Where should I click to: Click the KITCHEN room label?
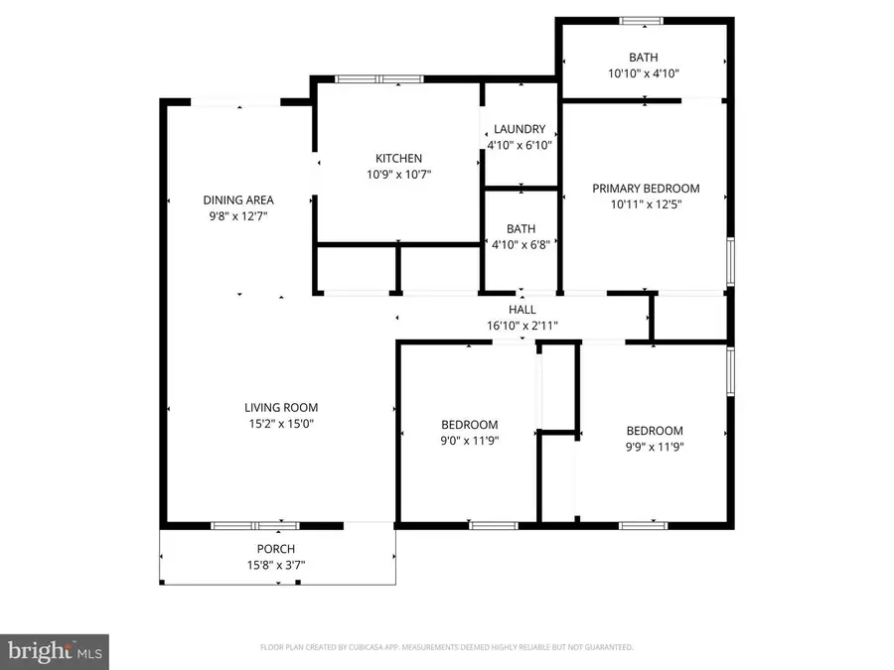pos(398,158)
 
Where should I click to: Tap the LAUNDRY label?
pos(519,129)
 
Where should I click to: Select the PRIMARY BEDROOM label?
pos(646,188)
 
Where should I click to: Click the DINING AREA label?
pos(238,200)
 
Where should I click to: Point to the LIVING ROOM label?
pos(281,407)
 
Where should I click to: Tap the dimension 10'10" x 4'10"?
pos(643,73)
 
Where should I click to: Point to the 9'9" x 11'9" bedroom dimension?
pos(655,446)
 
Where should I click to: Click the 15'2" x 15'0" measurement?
pos(281,423)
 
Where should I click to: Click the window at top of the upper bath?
pos(643,20)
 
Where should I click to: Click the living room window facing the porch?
pos(255,525)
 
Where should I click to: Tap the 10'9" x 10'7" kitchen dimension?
pos(398,174)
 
